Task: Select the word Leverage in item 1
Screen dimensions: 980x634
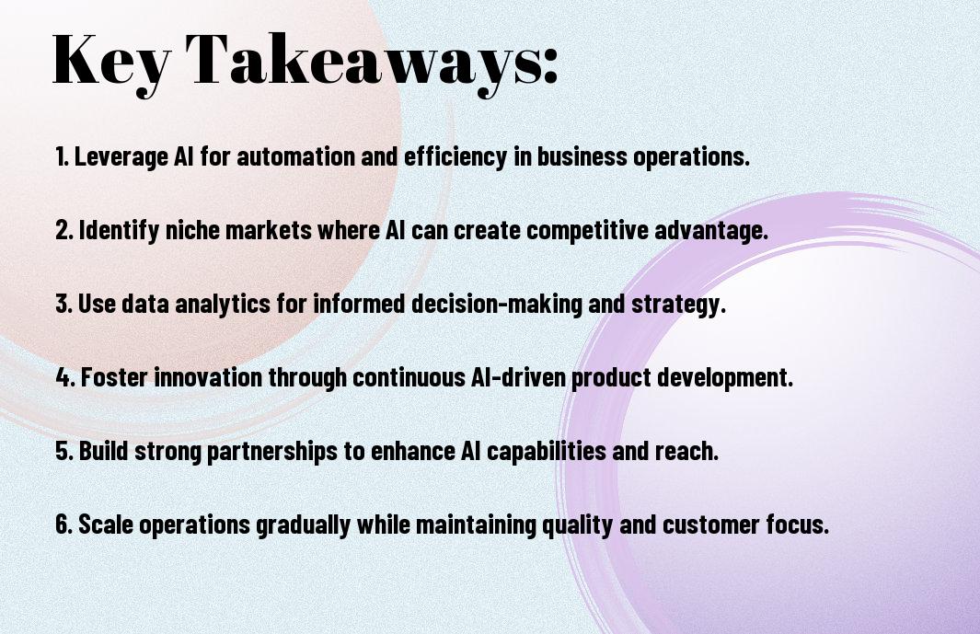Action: point(121,157)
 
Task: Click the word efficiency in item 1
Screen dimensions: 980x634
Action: point(455,157)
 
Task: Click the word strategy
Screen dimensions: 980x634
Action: point(677,305)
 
